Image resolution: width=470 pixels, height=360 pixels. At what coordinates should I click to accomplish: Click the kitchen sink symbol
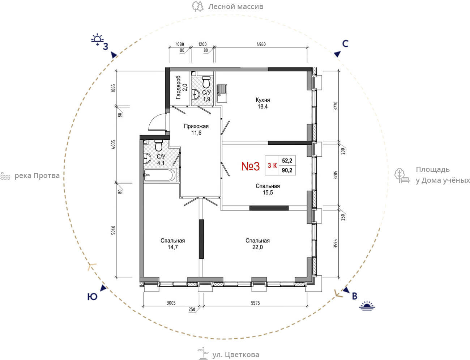point(222,93)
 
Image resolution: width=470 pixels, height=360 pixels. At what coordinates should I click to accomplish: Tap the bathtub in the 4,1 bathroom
point(160,175)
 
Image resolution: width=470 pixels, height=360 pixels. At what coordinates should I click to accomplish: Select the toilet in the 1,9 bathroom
point(206,82)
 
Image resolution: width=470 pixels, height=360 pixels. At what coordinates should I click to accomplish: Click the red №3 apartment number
point(250,166)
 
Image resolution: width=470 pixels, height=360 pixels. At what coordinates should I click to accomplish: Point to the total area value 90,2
point(287,170)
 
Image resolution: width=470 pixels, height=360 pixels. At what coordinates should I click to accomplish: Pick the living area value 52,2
point(287,161)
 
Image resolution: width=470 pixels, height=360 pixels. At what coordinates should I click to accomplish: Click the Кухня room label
point(263,100)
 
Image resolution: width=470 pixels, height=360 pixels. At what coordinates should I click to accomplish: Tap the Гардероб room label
point(178,88)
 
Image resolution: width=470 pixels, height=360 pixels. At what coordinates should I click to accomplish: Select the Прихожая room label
point(196,126)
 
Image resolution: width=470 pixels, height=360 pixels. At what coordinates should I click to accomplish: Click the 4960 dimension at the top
point(261,45)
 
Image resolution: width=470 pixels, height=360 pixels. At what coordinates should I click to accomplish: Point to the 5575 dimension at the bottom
point(255,303)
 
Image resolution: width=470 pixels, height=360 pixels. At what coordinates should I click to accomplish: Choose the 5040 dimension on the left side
point(113,230)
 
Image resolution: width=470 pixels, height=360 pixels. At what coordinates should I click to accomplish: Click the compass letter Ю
point(92,297)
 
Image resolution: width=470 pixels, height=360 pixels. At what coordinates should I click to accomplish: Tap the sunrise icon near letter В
point(367,306)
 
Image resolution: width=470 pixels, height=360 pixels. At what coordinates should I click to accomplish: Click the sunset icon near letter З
point(97,39)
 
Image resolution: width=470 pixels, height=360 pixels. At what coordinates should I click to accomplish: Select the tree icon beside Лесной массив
point(197,7)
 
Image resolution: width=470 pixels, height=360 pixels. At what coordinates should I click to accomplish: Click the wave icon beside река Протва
point(5,176)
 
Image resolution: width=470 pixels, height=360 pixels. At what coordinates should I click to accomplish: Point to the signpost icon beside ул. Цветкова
point(203,353)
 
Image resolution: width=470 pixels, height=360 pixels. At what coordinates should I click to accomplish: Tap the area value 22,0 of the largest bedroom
point(257,247)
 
